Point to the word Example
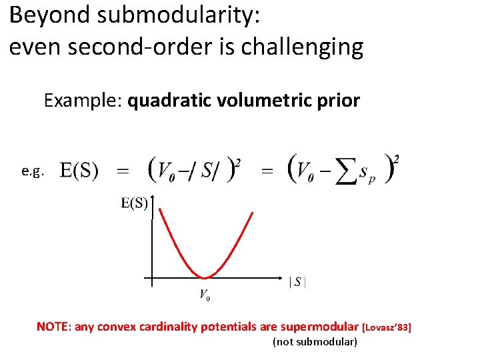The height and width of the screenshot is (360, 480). [83, 101]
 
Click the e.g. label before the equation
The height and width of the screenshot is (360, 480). [33, 171]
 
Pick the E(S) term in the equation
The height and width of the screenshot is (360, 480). [79, 171]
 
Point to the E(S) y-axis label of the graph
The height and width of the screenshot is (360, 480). [134, 203]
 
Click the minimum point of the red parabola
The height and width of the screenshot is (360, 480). [205, 277]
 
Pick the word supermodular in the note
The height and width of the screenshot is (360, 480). [319, 327]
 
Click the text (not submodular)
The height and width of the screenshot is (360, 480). [315, 342]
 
